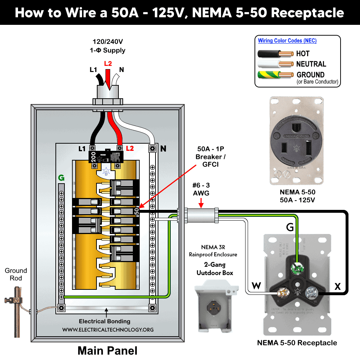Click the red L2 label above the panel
108,64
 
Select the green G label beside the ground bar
62,177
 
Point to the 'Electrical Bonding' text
104,321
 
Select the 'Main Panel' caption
107,350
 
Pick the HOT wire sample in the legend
275,54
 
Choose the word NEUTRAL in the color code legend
311,64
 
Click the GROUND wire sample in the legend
275,75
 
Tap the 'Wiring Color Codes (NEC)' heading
287,41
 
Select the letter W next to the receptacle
256,286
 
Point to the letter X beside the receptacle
337,286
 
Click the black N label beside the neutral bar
163,148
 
